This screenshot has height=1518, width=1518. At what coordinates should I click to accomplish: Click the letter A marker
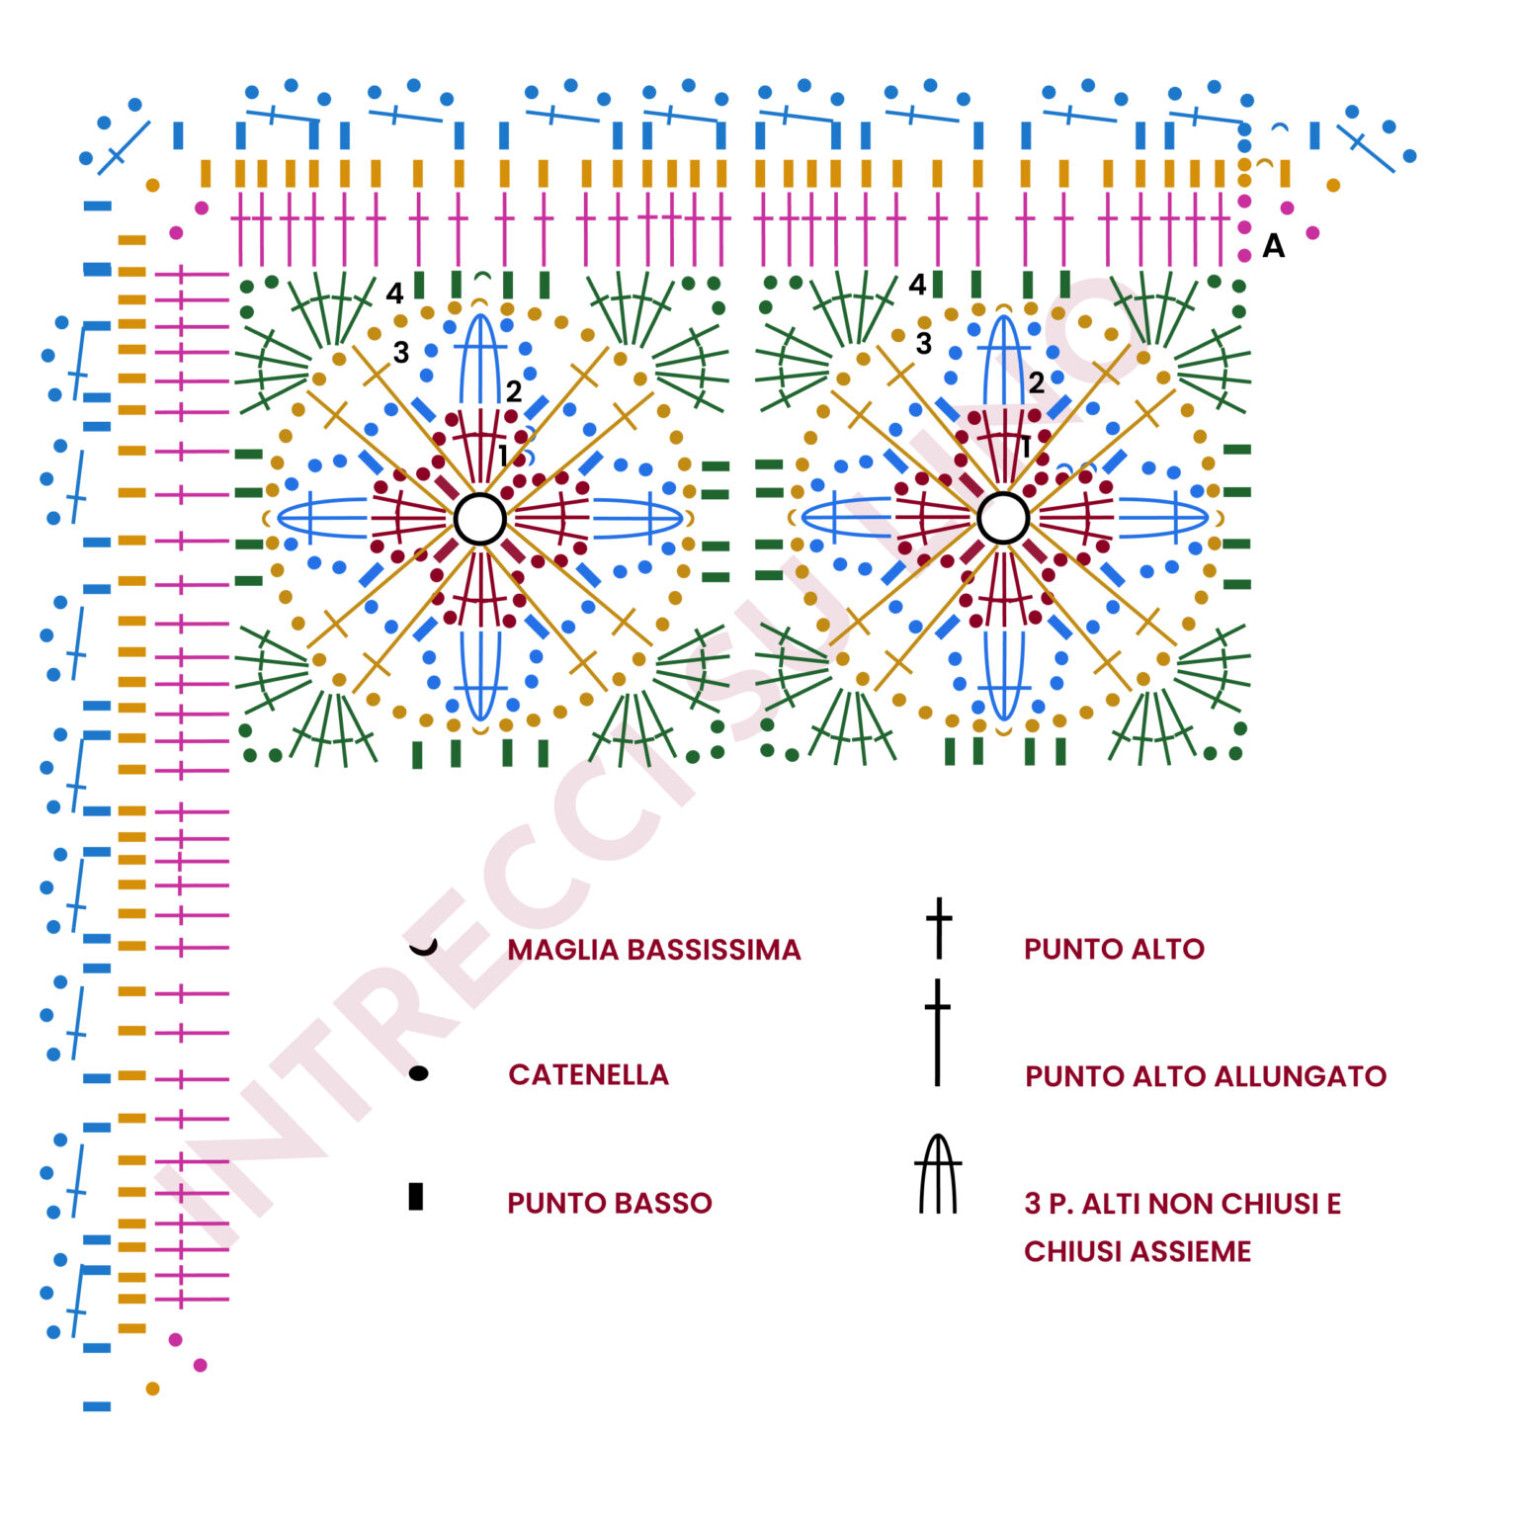click(1274, 245)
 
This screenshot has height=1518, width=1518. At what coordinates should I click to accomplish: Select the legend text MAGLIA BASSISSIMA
click(654, 950)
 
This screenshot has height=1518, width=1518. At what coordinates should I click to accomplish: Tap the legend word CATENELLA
click(589, 1074)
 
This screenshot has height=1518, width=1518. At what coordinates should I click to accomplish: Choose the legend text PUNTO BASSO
click(610, 1203)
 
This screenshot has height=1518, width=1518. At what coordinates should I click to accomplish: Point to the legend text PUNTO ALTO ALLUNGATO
click(1206, 1076)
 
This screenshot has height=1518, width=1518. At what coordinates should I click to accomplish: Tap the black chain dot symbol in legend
click(418, 1073)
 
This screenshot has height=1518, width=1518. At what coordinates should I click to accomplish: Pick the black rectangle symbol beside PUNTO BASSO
click(416, 1196)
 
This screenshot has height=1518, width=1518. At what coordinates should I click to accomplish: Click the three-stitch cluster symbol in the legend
click(938, 1173)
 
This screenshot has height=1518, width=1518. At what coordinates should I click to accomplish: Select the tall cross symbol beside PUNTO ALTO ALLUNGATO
click(938, 1033)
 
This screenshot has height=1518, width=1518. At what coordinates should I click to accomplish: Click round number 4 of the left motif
click(394, 294)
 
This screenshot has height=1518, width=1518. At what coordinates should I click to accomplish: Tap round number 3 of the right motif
click(924, 344)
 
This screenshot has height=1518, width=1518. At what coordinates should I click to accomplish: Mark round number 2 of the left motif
click(514, 391)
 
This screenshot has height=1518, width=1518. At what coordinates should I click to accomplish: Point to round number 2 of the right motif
click(1036, 383)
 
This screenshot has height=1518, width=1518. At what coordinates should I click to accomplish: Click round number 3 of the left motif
click(400, 353)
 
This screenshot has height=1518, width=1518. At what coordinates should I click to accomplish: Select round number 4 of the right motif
click(917, 285)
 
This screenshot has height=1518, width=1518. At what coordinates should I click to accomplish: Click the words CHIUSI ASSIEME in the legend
click(1138, 1251)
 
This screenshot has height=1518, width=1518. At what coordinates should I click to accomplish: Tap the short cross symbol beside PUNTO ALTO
click(939, 928)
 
